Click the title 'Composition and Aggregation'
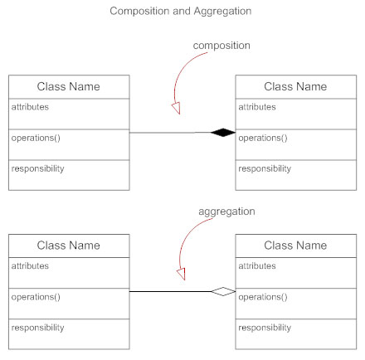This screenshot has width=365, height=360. (x=182, y=12)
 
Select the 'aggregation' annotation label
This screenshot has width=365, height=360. (x=226, y=212)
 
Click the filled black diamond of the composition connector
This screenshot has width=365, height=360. (x=223, y=132)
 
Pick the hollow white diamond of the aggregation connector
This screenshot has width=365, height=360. (x=223, y=291)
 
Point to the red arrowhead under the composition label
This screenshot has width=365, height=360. (x=175, y=109)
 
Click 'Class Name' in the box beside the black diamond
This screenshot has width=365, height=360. (x=295, y=86)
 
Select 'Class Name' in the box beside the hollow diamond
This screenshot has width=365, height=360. (x=295, y=246)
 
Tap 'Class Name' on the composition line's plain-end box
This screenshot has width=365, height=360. (x=69, y=86)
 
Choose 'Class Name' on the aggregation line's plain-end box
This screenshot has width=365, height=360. (x=69, y=246)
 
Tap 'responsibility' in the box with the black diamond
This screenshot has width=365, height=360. (x=265, y=168)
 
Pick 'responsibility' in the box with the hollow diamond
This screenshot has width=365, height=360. (x=265, y=328)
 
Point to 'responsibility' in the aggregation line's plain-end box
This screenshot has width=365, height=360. (x=37, y=328)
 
